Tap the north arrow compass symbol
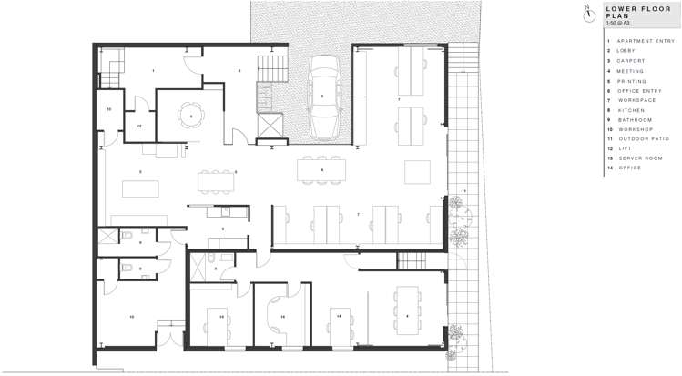(588, 11)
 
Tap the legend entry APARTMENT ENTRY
(643, 41)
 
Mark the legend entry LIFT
(624, 148)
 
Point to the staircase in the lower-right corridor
(411, 261)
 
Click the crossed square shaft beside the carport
(270, 125)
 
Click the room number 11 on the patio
(463, 190)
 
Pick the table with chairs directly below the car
(321, 169)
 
